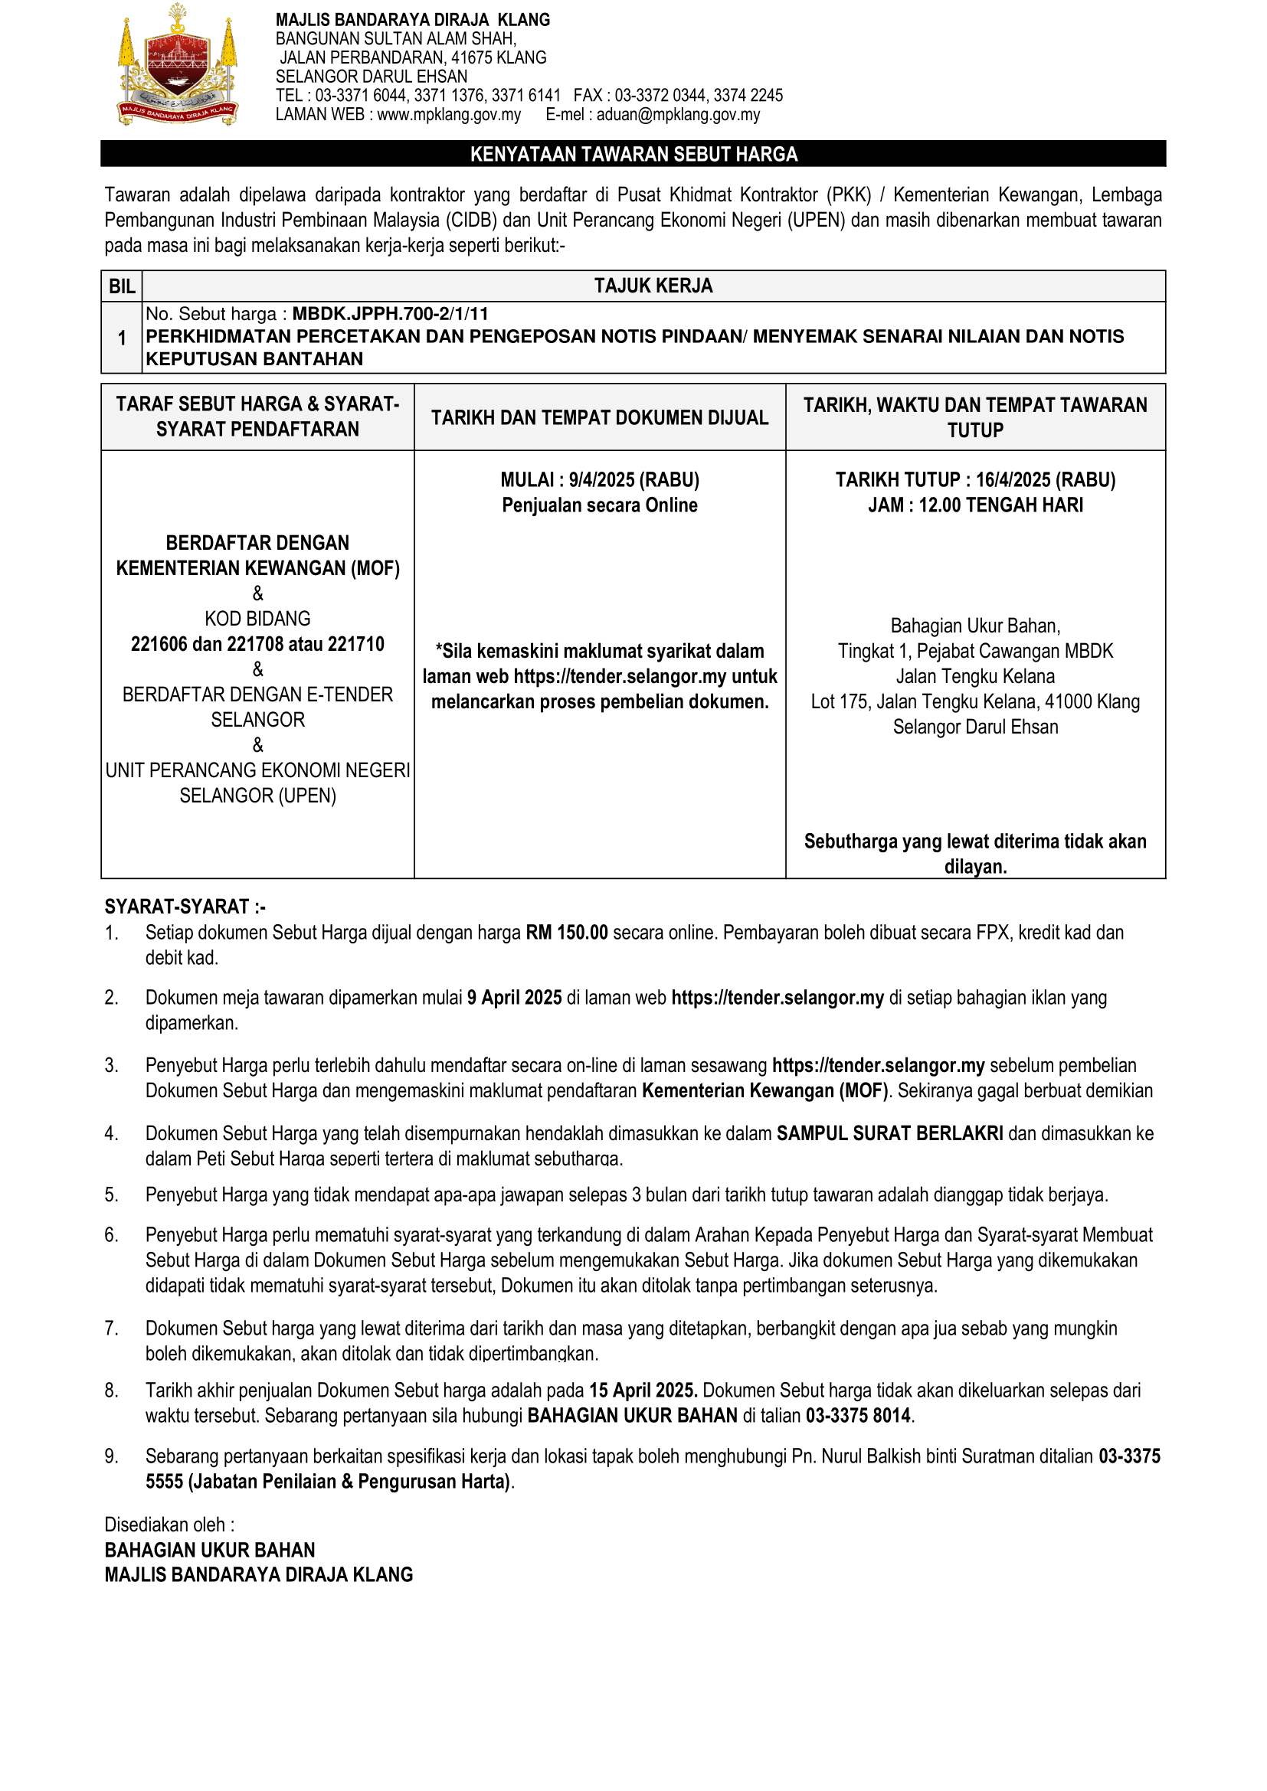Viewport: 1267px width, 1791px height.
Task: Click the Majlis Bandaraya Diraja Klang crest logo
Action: [x=177, y=66]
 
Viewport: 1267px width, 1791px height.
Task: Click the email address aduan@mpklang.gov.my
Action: [x=678, y=115]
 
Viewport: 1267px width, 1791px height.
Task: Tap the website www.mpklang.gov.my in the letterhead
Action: [x=449, y=115]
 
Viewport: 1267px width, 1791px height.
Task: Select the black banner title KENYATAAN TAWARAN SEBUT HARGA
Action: [x=633, y=155]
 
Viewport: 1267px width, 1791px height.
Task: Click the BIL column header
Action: [x=122, y=286]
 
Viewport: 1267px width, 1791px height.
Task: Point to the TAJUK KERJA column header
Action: [x=653, y=286]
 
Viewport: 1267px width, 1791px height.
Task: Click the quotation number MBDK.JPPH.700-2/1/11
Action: [x=390, y=315]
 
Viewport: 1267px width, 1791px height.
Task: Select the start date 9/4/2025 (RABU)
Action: [x=633, y=480]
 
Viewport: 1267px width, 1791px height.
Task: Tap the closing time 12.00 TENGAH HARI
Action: [x=1001, y=505]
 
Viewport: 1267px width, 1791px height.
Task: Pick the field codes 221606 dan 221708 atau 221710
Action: [x=257, y=644]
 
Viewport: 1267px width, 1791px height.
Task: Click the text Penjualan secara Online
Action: [x=599, y=505]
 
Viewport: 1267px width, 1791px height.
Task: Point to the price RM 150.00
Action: [x=566, y=933]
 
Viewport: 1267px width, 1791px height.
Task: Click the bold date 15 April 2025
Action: [x=642, y=1391]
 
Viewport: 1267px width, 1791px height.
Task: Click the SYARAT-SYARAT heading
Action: [x=185, y=907]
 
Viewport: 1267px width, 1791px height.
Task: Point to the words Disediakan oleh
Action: [x=169, y=1525]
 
